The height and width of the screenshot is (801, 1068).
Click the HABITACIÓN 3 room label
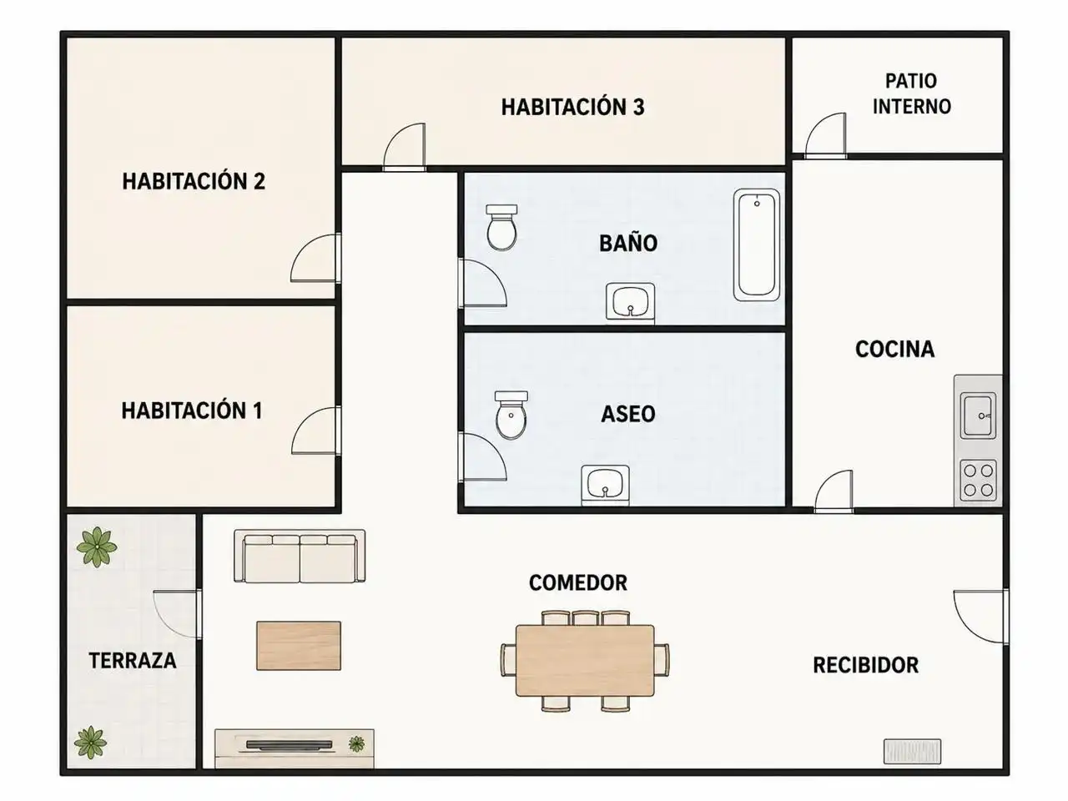[572, 108]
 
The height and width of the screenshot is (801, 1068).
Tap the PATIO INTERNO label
[911, 93]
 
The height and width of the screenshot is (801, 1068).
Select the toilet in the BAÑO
[501, 227]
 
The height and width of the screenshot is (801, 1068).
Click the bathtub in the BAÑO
[757, 244]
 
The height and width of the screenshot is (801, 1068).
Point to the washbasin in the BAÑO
[630, 301]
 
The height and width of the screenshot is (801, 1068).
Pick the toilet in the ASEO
[511, 415]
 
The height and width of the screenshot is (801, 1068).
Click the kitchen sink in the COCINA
[978, 416]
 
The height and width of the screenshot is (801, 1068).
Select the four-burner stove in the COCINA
[978, 480]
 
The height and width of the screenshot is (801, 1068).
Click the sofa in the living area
[300, 556]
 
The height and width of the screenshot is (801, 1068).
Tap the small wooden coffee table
[299, 645]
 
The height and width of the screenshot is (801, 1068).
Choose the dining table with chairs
[585, 661]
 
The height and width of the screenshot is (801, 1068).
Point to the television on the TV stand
[289, 744]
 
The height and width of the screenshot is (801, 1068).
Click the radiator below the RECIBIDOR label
[912, 752]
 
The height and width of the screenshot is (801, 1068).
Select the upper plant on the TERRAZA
[97, 547]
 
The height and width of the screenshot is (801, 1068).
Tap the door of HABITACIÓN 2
[315, 259]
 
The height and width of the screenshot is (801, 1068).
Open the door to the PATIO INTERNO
[826, 136]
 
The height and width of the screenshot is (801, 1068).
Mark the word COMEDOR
[578, 582]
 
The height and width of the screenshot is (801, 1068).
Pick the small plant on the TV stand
[356, 743]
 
